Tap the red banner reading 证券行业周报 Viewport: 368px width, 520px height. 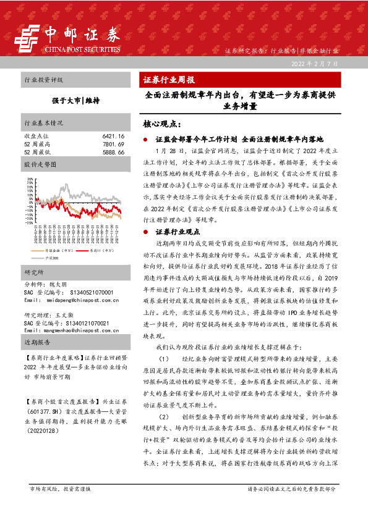169,80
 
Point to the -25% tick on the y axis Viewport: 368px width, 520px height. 28,222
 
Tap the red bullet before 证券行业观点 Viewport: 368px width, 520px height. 144,232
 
